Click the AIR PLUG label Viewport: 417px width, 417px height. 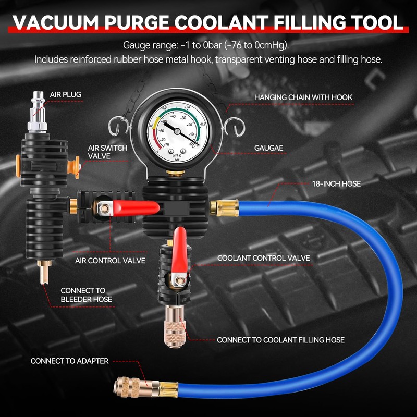pos(65,94)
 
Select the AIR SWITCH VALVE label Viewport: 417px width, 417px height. pos(107,152)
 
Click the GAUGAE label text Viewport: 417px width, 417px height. pos(268,148)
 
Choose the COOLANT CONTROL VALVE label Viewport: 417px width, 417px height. pos(263,258)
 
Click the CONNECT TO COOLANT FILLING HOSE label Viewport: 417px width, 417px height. pos(280,340)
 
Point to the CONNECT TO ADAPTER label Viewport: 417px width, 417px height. pos(69,361)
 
